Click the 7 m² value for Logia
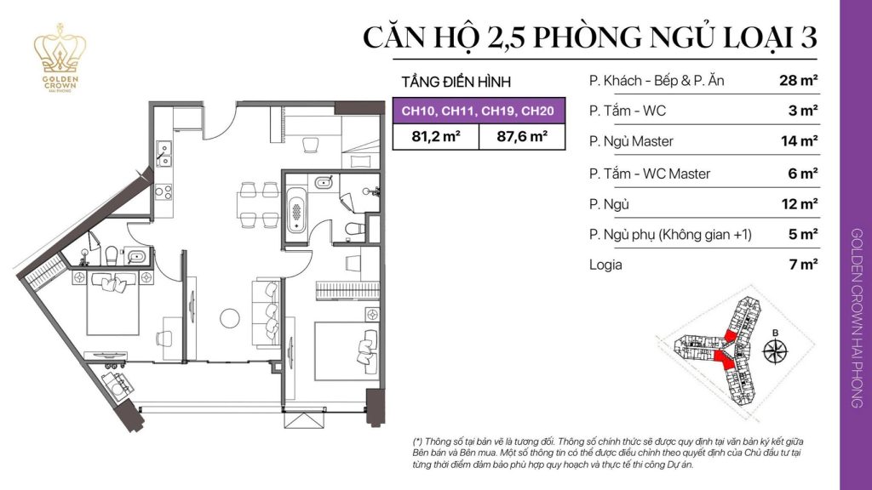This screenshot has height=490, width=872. coord(803,265)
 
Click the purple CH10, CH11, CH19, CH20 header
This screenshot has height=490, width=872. coord(479,111)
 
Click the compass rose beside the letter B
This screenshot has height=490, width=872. coord(776,350)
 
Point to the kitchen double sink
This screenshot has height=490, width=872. coord(163,154)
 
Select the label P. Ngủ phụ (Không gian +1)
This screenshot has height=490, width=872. coord(670,234)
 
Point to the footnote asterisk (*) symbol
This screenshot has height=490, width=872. coord(417,443)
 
